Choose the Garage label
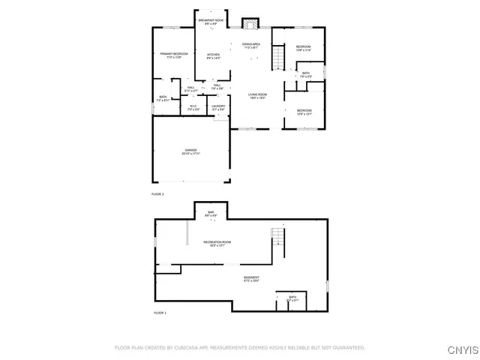(190, 152)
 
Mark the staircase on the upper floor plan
(279, 57)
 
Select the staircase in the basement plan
(278, 238)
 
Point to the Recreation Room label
(217, 244)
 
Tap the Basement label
(251, 279)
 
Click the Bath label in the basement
(292, 299)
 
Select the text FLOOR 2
(157, 194)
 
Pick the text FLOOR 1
(160, 313)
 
